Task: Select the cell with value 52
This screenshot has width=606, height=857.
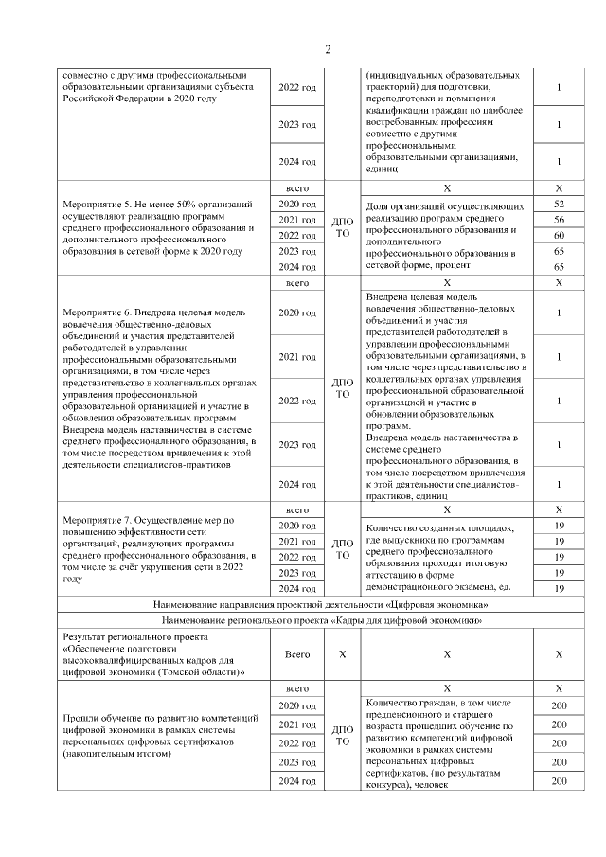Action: click(559, 205)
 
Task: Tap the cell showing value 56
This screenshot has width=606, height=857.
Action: click(559, 220)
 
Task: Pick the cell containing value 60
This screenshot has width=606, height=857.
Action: click(559, 235)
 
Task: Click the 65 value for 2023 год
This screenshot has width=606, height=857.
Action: click(559, 252)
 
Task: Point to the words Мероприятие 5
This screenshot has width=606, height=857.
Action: click(98, 205)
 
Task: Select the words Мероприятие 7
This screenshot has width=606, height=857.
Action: click(98, 520)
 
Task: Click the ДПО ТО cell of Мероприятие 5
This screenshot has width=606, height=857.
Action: click(343, 227)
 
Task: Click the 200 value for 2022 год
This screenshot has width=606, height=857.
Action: click(559, 743)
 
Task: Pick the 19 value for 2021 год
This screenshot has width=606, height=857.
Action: click(559, 542)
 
